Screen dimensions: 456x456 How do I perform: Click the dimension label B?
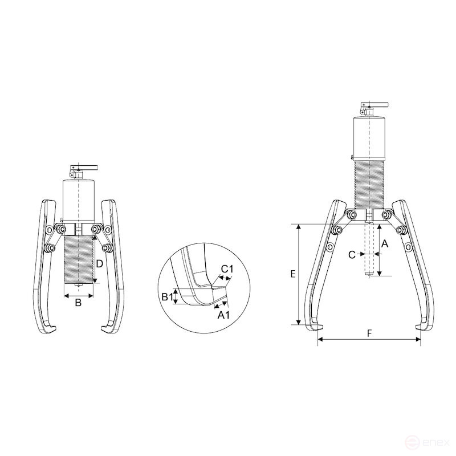pos(78,303)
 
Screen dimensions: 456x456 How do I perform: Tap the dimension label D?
pos(99,264)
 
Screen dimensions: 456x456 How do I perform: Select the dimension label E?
pos(292,274)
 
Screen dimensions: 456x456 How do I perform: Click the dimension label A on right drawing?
pos(385,243)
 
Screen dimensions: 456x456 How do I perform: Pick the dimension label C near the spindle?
pos(352,254)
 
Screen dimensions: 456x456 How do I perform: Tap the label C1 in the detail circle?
pos(226,268)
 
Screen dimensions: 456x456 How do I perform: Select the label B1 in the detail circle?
pos(166,296)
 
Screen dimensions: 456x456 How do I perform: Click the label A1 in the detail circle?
pos(224,315)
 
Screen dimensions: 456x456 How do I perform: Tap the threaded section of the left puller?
pos(78,259)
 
